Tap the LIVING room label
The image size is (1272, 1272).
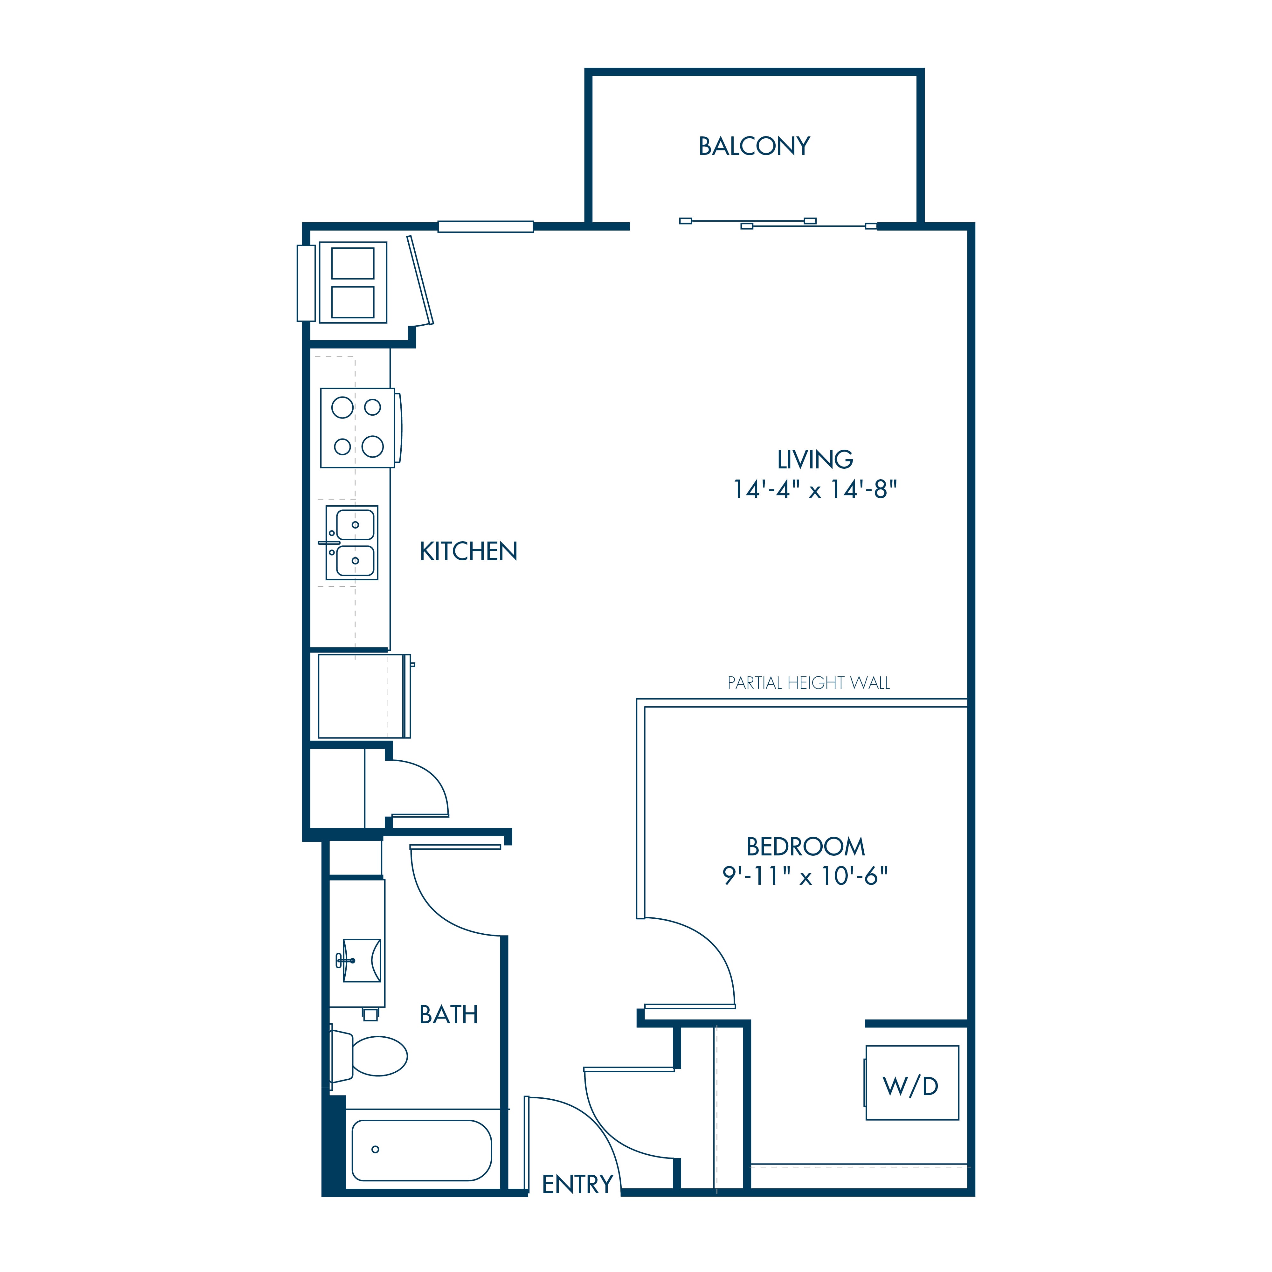pyautogui.click(x=815, y=460)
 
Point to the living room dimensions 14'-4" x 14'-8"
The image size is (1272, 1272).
pyautogui.click(x=815, y=490)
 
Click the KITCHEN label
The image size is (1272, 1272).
pyautogui.click(x=469, y=552)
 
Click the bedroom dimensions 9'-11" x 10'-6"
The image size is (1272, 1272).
pyautogui.click(x=805, y=876)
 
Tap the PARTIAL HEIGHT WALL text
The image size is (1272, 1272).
pyautogui.click(x=808, y=683)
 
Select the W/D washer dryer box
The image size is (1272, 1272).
pyautogui.click(x=912, y=1083)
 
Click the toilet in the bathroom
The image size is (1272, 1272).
pyautogui.click(x=369, y=1056)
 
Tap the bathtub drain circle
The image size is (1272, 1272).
pyautogui.click(x=375, y=1150)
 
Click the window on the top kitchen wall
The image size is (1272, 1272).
pyautogui.click(x=485, y=226)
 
